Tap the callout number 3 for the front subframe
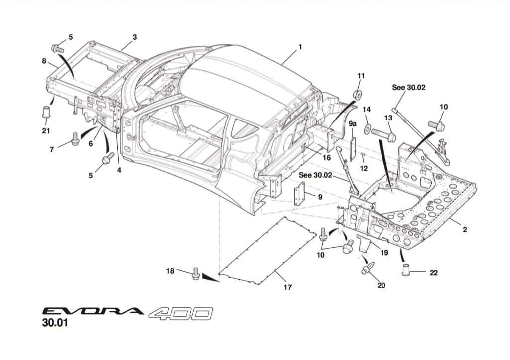[135, 37]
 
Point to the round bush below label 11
[357, 94]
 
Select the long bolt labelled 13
[383, 134]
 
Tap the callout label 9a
[353, 122]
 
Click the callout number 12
[364, 169]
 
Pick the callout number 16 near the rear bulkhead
[326, 157]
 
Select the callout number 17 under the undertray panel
[287, 287]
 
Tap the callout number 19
[385, 252]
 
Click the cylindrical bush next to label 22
[406, 271]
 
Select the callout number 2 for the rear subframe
[465, 230]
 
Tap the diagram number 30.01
[55, 324]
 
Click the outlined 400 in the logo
[180, 312]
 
